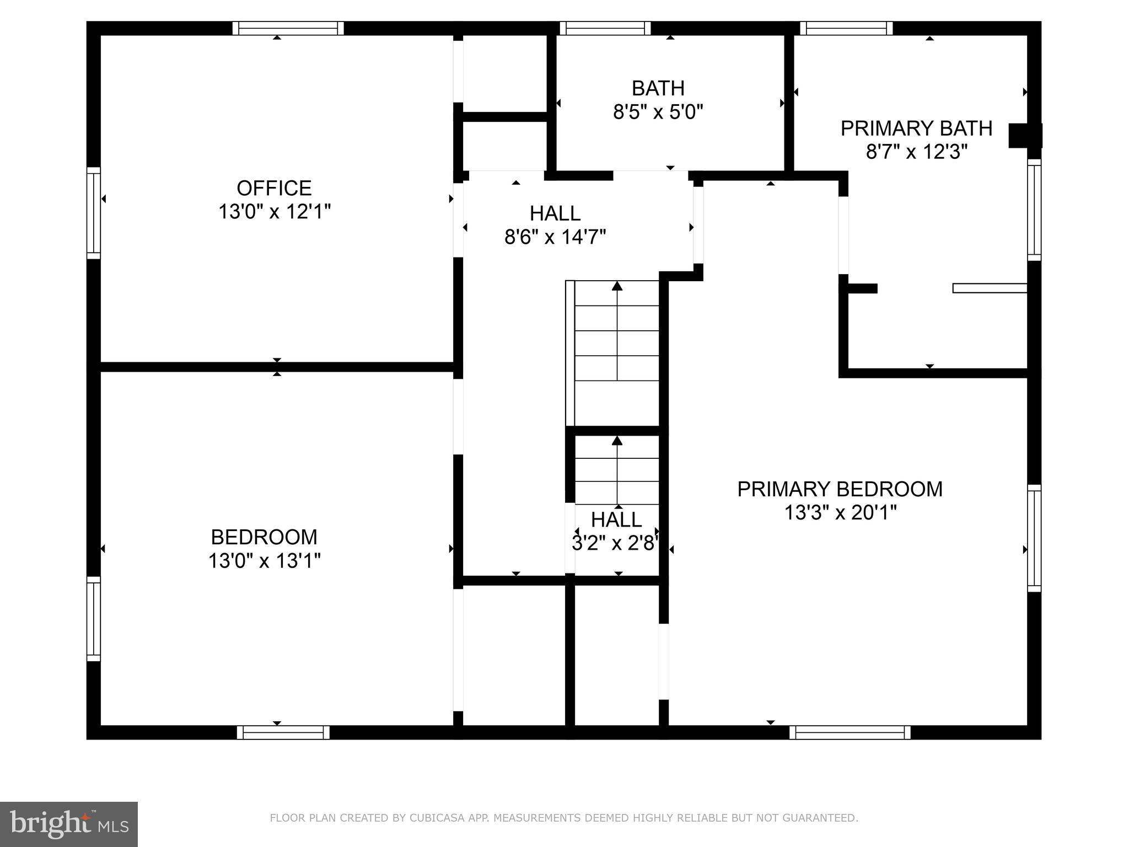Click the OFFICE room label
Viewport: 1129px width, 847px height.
[274, 189]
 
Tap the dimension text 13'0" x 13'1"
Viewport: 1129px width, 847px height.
[264, 561]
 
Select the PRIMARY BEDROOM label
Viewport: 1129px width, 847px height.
[840, 489]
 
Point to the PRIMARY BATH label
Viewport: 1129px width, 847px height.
[916, 128]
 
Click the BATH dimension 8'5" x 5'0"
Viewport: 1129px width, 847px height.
[658, 112]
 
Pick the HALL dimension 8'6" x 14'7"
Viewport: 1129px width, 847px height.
[555, 237]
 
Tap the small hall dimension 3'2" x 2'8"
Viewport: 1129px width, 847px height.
[616, 544]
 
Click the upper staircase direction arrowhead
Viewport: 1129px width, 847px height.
[617, 286]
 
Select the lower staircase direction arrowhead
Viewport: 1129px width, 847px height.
[617, 440]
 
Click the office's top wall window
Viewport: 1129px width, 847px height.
[288, 28]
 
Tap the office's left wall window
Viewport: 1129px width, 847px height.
[94, 213]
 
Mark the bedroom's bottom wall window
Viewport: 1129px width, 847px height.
[283, 732]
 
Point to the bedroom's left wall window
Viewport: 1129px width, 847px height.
[94, 619]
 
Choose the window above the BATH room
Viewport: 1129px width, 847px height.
[605, 28]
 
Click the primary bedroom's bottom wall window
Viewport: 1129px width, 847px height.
[850, 732]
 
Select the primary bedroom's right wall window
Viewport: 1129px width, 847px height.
[1034, 538]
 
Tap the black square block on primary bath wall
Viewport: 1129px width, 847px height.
[1024, 136]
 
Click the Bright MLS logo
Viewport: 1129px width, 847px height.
[69, 824]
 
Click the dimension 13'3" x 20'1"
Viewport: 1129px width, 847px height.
[840, 513]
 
